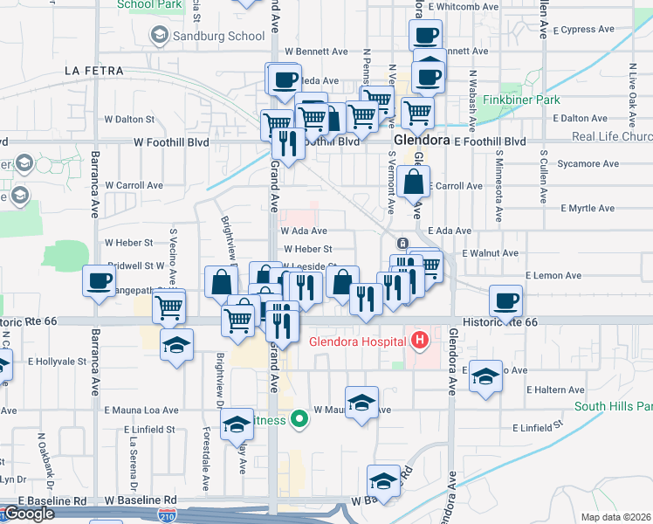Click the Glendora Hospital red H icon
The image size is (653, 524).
pyautogui.click(x=420, y=339)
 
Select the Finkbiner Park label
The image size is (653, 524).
pyautogui.click(x=521, y=100)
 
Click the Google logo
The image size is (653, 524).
pyautogui.click(x=29, y=514)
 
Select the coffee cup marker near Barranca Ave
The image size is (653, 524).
pyautogui.click(x=98, y=280)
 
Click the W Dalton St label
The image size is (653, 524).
pyautogui.click(x=129, y=119)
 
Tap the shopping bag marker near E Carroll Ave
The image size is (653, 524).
pyautogui.click(x=414, y=183)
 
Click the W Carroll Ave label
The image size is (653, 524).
pyautogui.click(x=134, y=185)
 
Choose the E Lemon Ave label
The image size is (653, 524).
pyautogui.click(x=553, y=275)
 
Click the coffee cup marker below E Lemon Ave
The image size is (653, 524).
pyautogui.click(x=505, y=301)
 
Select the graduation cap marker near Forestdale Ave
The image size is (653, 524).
pyautogui.click(x=236, y=424)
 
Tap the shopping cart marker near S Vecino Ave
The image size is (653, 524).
pyautogui.click(x=168, y=307)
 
